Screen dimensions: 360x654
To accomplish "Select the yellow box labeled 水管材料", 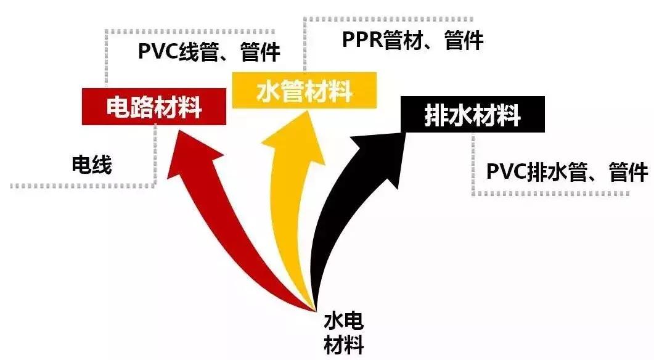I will click(x=303, y=91).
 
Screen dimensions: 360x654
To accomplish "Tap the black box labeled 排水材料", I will click(x=472, y=115).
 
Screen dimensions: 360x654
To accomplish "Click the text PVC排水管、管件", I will click(x=567, y=171).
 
